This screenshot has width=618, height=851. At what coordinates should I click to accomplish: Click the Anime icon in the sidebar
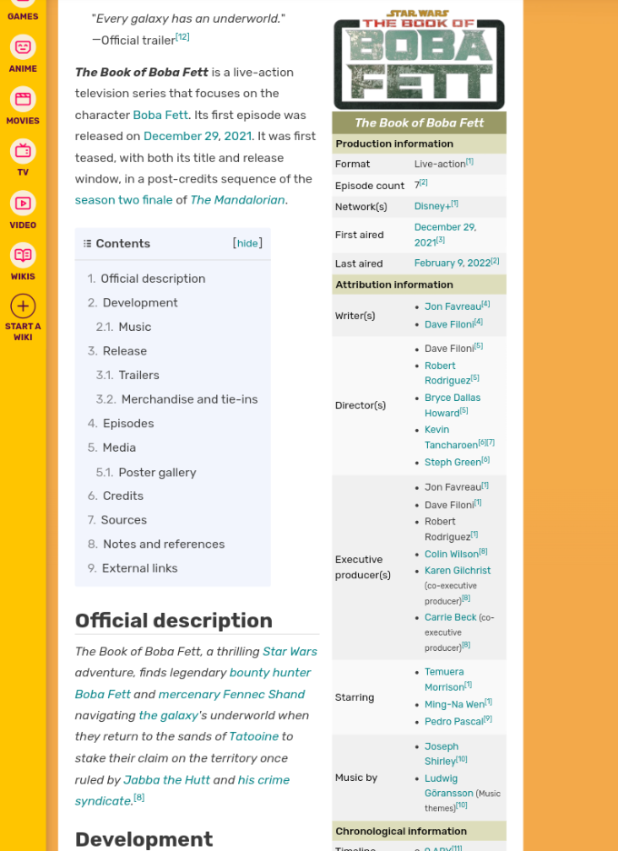pyautogui.click(x=23, y=47)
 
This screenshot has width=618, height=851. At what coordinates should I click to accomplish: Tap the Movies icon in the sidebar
pyautogui.click(x=23, y=100)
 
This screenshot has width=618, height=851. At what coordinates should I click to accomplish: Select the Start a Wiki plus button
pyautogui.click(x=23, y=306)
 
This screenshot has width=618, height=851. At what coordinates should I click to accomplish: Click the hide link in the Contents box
pyautogui.click(x=247, y=244)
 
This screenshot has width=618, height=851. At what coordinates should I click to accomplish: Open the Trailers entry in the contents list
pyautogui.click(x=138, y=375)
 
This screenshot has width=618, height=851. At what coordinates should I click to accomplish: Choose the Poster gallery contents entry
pyautogui.click(x=156, y=472)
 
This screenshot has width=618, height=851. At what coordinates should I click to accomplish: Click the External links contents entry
pyautogui.click(x=139, y=568)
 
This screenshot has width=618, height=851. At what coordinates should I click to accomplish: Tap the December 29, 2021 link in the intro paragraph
pyautogui.click(x=197, y=136)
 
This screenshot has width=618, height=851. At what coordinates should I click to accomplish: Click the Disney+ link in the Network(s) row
pyautogui.click(x=432, y=206)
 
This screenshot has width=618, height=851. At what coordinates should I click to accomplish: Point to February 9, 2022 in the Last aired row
pyautogui.click(x=452, y=263)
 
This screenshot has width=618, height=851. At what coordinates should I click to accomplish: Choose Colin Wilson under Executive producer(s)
pyautogui.click(x=451, y=554)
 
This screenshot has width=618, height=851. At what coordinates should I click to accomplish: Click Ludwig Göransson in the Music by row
pyautogui.click(x=448, y=786)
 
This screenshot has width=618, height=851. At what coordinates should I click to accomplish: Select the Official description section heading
pyautogui.click(x=174, y=620)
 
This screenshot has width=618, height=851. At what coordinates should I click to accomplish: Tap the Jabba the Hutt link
pyautogui.click(x=166, y=779)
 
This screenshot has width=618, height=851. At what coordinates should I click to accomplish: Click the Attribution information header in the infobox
pyautogui.click(x=394, y=285)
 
